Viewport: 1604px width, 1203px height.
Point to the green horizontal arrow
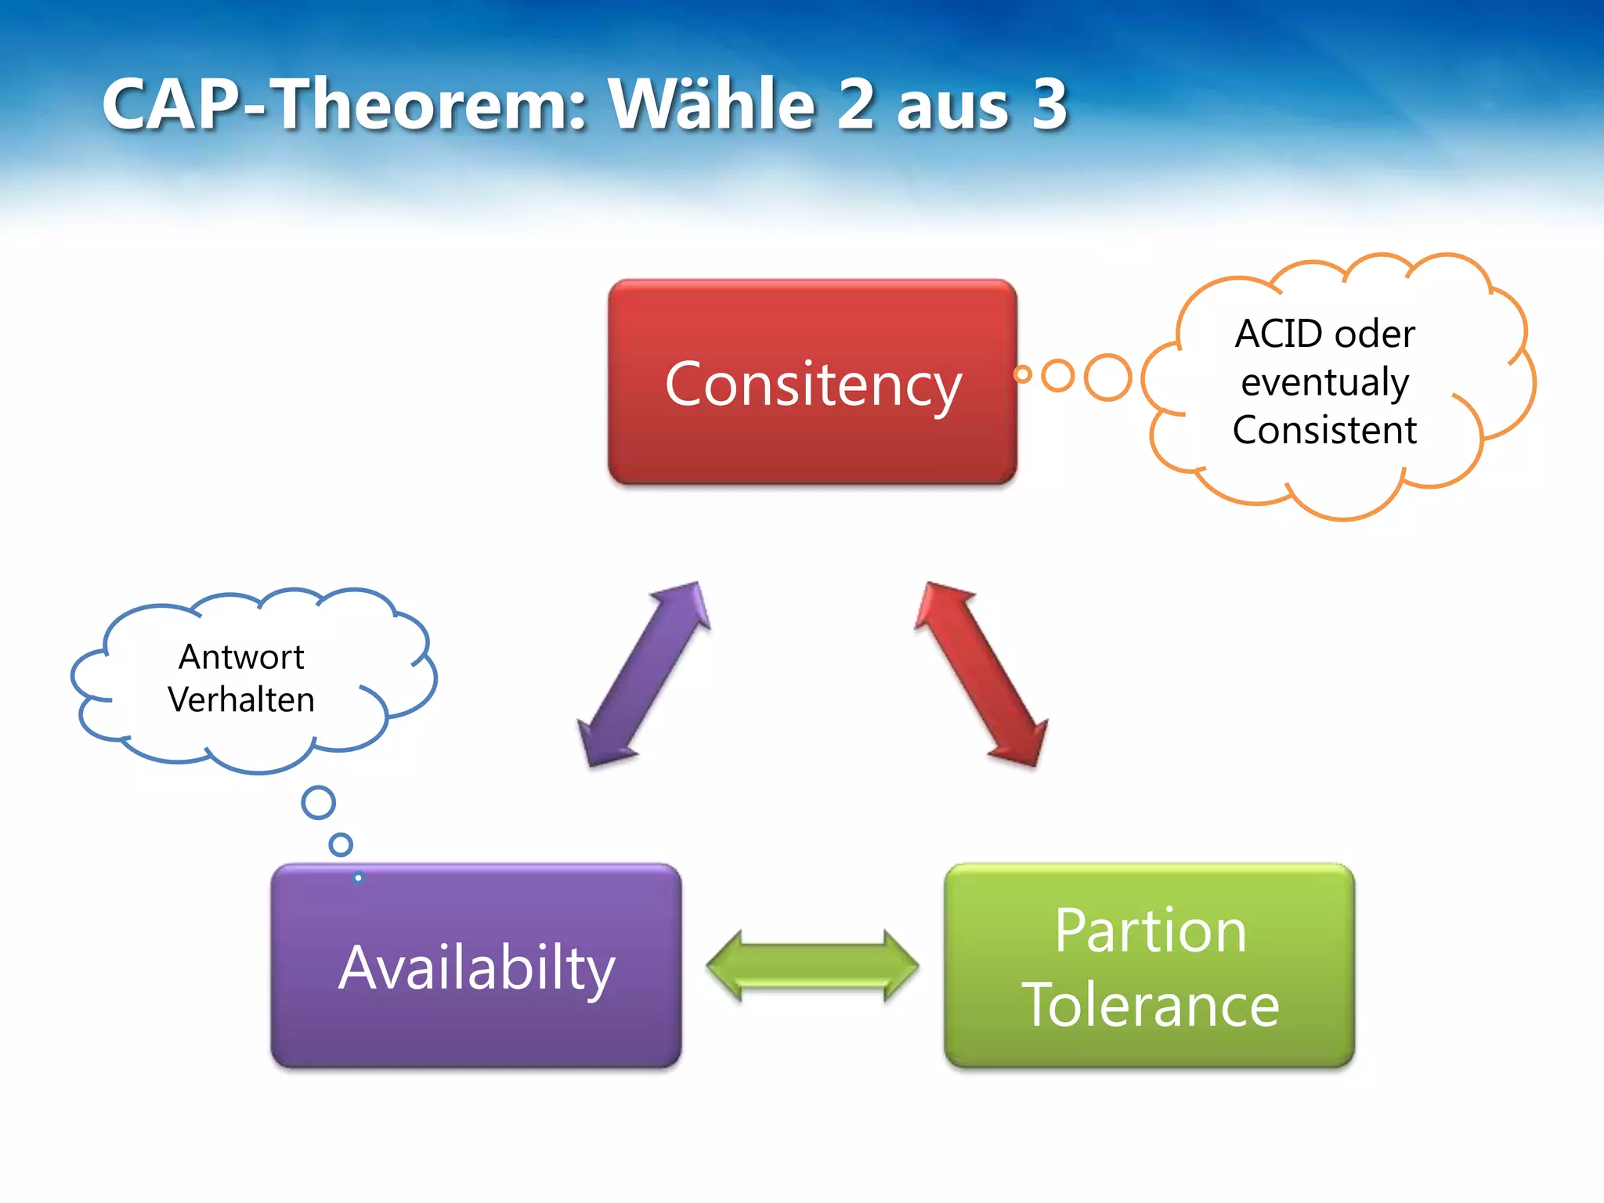click(x=812, y=966)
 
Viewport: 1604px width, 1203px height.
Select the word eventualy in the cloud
click(x=1325, y=383)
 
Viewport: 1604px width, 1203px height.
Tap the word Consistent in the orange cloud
click(x=1324, y=430)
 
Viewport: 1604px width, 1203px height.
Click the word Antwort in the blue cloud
click(x=241, y=657)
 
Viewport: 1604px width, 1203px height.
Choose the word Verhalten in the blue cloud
click(x=241, y=699)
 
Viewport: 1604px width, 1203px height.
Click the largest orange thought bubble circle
click(x=1107, y=378)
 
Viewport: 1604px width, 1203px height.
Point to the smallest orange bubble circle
click(x=1022, y=374)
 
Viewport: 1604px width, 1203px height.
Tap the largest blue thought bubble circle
click(x=319, y=803)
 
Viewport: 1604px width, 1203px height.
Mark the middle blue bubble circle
click(x=341, y=844)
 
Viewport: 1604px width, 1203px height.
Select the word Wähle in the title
click(x=713, y=104)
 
